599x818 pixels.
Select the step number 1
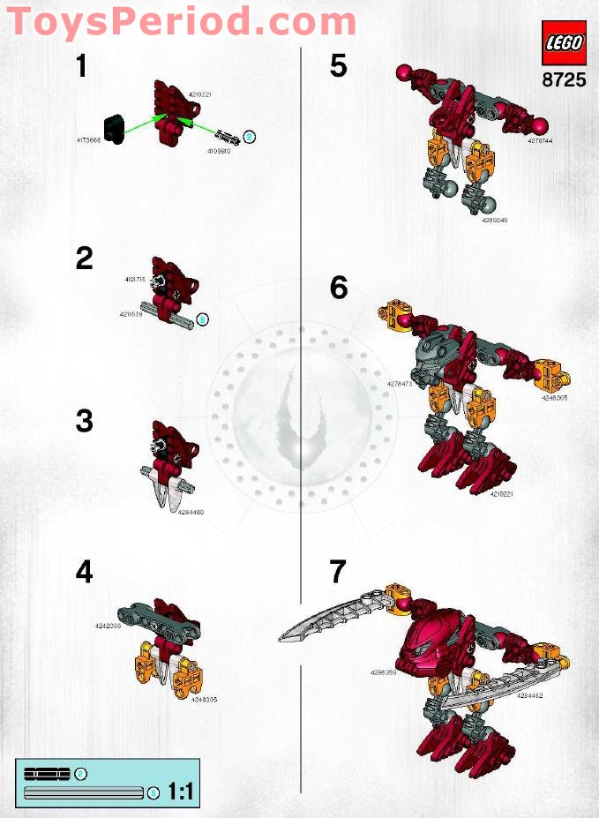[82, 65]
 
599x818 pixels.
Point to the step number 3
[84, 421]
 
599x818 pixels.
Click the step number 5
[339, 65]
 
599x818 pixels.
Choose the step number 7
[339, 572]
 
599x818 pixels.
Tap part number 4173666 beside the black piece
[90, 140]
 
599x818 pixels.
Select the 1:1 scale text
[180, 792]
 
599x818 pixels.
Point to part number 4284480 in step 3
[191, 512]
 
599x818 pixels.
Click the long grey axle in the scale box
[85, 792]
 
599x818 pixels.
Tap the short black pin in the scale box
[48, 774]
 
